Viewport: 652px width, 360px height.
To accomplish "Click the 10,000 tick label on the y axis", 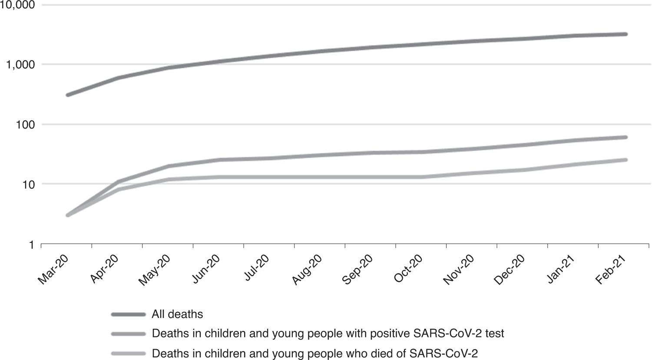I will point(18,5).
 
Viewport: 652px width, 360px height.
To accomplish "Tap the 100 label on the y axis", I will point(25,125).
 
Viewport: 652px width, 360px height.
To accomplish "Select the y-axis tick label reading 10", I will point(28,184).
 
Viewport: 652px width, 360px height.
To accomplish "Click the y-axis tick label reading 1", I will point(31,245).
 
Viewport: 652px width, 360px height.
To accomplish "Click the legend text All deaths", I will point(177,314).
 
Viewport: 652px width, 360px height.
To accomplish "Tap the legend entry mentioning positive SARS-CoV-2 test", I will point(328,334).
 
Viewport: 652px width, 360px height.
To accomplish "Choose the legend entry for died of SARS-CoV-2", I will point(314,353).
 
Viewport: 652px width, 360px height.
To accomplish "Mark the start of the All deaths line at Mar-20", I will point(67,95).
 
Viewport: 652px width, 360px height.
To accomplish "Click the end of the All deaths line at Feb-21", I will point(626,34).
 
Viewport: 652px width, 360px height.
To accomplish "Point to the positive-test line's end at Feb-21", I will point(626,137).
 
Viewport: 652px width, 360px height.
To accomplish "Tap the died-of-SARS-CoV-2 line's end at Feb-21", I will point(626,160).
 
